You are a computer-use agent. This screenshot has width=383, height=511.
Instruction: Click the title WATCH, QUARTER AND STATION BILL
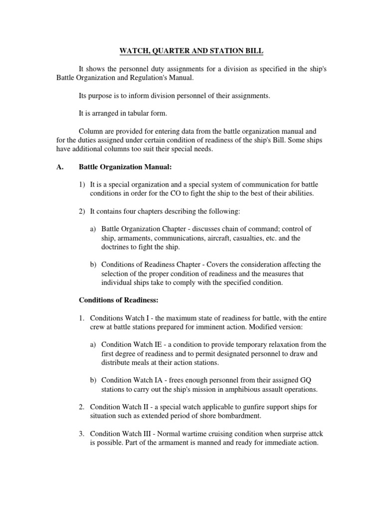click(191, 51)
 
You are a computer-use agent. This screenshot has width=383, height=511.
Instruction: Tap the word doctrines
click(111, 247)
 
